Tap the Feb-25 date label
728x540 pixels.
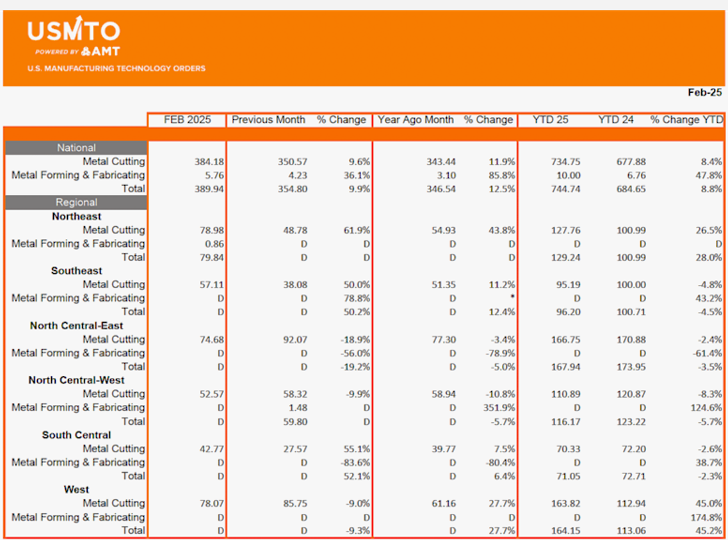704,92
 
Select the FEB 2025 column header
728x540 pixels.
187,120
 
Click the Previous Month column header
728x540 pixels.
268,120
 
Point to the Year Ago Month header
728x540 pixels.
416,120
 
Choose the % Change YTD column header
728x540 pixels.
686,120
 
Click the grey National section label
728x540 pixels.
76,148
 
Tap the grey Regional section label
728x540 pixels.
76,202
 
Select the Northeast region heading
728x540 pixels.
77,217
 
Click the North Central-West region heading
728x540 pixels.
77,380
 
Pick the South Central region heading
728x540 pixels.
77,435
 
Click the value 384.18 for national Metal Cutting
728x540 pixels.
209,162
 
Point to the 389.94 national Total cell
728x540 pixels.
209,189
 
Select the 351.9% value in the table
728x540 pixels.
499,407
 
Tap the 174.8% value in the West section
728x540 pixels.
706,517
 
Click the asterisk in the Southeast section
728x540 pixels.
513,297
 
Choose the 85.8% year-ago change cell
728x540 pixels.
502,176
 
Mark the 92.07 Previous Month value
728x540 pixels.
295,340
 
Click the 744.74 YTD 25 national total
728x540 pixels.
565,189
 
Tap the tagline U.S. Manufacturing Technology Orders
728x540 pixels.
116,69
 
